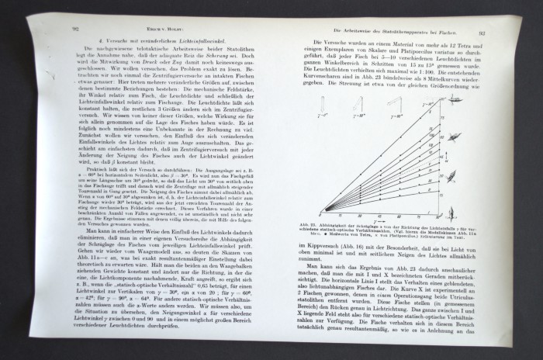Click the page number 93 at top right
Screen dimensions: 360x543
tap(482, 33)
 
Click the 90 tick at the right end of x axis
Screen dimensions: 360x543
tap(438, 215)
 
